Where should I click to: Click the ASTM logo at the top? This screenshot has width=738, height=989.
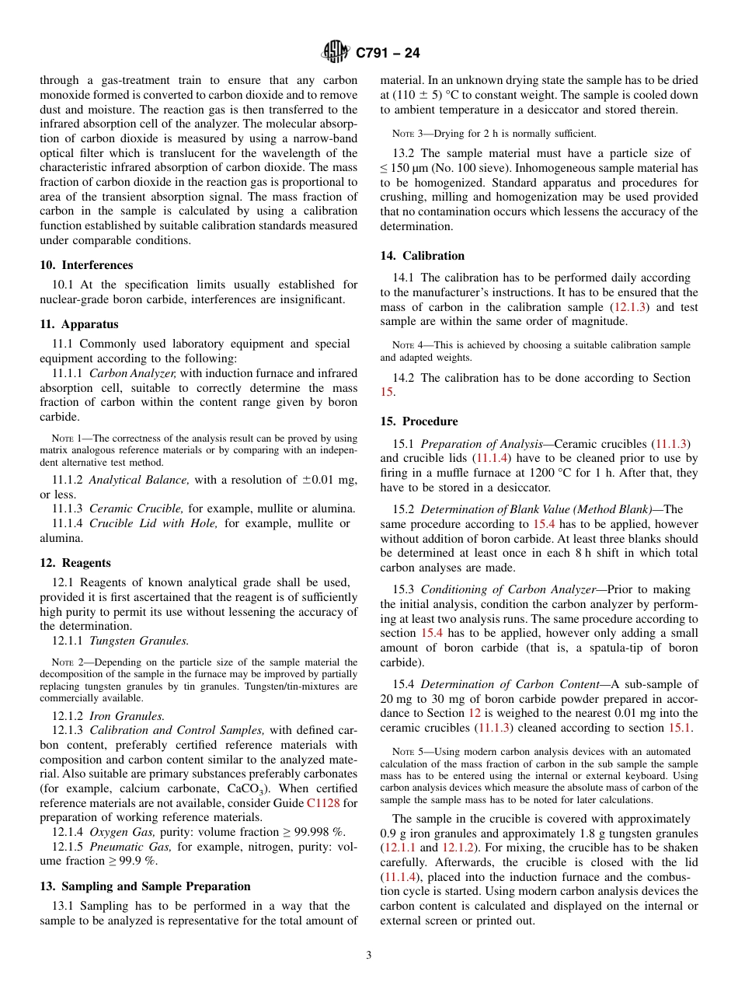click(336, 53)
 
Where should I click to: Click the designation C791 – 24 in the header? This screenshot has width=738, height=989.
click(388, 54)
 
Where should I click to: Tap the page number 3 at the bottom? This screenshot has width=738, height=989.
click(369, 956)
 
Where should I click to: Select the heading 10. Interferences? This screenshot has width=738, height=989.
click(86, 265)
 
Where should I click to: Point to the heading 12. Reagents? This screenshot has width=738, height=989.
click(75, 563)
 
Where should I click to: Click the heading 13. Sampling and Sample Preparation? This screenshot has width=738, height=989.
click(145, 886)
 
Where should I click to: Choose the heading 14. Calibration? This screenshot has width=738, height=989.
click(423, 256)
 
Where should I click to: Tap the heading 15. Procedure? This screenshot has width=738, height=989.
click(419, 421)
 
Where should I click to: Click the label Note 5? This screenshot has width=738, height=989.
click(409, 752)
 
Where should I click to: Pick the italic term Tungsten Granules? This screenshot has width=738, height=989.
click(138, 641)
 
